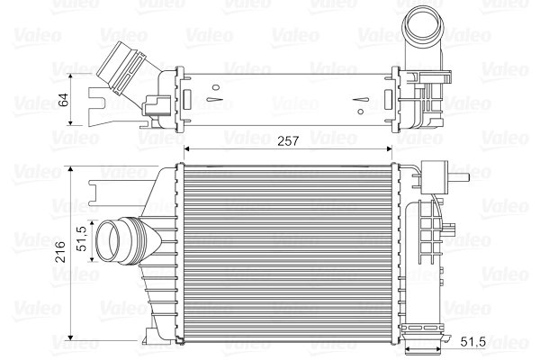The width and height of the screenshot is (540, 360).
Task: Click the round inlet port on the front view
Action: pyautogui.click(x=114, y=241)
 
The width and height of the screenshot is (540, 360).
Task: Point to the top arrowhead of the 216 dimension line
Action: pyautogui.click(x=71, y=167)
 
